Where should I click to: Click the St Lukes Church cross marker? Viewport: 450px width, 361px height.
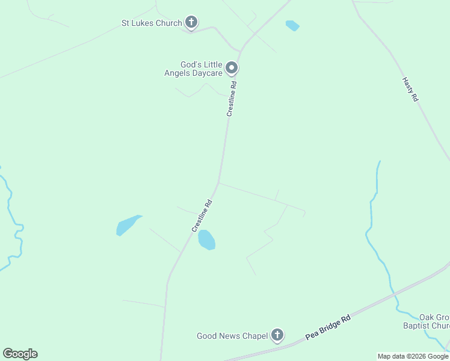(x=191, y=23)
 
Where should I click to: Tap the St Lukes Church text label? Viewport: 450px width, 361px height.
(x=152, y=23)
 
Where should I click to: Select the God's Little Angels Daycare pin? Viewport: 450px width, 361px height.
(x=232, y=68)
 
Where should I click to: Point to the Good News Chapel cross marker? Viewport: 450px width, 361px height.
(x=277, y=335)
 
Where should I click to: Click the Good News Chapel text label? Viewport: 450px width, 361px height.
(x=232, y=336)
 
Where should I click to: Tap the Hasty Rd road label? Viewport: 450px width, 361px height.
(x=410, y=88)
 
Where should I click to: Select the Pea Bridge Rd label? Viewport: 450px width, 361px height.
(x=328, y=328)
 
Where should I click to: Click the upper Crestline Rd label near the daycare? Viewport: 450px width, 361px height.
(x=232, y=99)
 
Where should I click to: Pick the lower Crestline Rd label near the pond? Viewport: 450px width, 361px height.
(x=202, y=216)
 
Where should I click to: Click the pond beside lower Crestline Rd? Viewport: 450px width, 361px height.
(x=206, y=239)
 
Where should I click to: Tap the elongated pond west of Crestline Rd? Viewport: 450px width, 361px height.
(x=128, y=225)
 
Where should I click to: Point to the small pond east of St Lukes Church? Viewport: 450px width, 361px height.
(x=292, y=25)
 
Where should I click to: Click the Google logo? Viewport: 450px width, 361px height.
(x=20, y=354)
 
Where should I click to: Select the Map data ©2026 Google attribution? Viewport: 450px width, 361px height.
(x=413, y=356)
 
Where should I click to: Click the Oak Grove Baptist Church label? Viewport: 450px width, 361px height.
(x=434, y=321)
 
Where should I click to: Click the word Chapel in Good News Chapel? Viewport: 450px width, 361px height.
(x=254, y=336)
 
